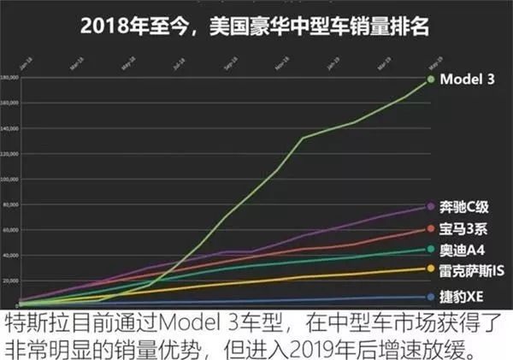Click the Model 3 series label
[469, 80]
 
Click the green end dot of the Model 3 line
[429, 80]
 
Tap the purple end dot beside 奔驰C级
[429, 207]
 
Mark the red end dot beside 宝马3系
[429, 229]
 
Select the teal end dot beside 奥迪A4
[429, 250]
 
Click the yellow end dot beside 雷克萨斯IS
[429, 269]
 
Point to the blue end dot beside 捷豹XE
[429, 297]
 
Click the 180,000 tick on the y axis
[10, 78]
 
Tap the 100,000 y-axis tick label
[10, 180]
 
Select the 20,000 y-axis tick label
[11, 280]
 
